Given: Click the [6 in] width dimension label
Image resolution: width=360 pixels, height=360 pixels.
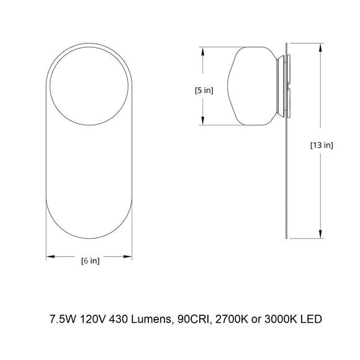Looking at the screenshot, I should [x=90, y=261].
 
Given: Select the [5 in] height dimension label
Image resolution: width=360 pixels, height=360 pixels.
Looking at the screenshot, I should [x=204, y=90].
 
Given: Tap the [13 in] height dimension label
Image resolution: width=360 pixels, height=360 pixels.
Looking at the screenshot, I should [x=322, y=145].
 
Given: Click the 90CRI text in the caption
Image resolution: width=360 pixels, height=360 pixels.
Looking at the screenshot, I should [x=192, y=321].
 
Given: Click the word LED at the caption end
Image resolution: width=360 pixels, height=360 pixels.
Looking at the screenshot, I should [x=312, y=321].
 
